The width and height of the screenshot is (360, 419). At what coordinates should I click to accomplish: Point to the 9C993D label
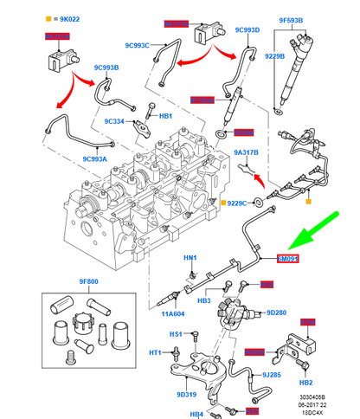coord(247,29)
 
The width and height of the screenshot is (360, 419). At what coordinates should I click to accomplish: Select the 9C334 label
coord(116,122)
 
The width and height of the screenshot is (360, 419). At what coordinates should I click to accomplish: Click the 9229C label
coord(237,203)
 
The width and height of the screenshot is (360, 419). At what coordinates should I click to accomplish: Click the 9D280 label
coord(277,313)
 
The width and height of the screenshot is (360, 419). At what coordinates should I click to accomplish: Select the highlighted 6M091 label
coord(287,258)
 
